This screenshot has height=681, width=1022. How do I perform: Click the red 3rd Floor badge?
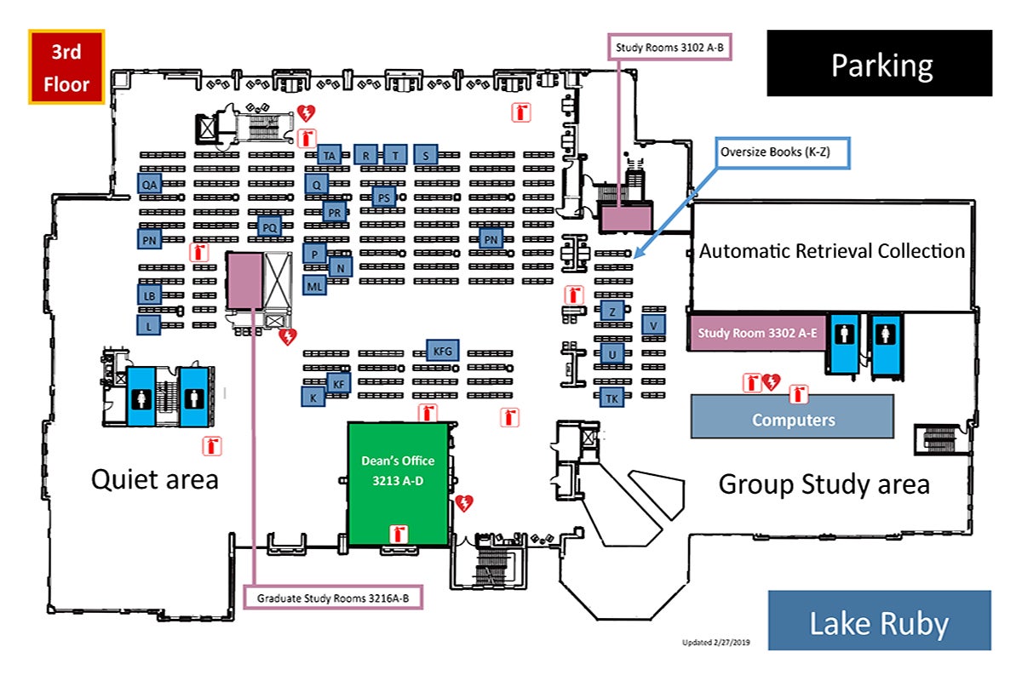pos(66,67)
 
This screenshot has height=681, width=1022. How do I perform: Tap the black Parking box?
pos(880,64)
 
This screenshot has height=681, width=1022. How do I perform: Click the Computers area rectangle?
pos(792,417)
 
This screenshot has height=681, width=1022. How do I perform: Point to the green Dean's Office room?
pos(398,481)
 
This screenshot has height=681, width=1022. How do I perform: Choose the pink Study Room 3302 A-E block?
pos(755,333)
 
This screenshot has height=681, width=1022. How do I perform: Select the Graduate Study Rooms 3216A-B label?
pos(333,598)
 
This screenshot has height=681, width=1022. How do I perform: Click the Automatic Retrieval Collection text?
pos(831,251)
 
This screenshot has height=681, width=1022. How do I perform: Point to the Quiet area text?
pos(154,479)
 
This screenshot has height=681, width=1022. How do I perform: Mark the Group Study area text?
pos(824,484)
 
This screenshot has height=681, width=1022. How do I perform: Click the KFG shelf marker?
pos(442,350)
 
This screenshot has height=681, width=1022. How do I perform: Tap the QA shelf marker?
pos(150,184)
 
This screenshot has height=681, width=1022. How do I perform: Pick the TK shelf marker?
pos(611,398)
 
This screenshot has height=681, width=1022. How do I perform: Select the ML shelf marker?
pos(314,286)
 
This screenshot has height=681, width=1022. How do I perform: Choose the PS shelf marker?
pos(384,197)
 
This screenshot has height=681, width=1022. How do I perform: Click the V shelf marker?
pos(653,324)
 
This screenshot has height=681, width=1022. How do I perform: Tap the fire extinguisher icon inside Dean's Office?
pos(397,534)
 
